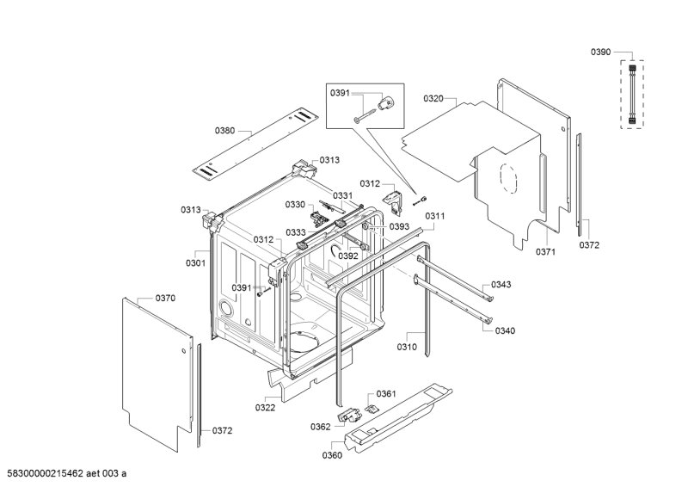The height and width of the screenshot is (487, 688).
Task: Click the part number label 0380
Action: (224, 131)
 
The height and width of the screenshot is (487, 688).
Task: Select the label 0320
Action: (433, 99)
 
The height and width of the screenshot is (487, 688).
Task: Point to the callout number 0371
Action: (546, 251)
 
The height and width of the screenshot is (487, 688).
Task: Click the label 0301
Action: (195, 263)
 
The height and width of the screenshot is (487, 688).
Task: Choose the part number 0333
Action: (296, 232)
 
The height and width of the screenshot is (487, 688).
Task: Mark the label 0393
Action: (399, 226)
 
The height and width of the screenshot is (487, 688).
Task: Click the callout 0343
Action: (501, 285)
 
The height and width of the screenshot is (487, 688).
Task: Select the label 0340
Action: (506, 330)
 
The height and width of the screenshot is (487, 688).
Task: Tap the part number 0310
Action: (407, 347)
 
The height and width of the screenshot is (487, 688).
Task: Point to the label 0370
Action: (165, 298)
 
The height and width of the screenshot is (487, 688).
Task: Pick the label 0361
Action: (386, 394)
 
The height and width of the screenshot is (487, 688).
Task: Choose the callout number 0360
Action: (331, 455)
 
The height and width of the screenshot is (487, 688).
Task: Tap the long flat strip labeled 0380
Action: (257, 140)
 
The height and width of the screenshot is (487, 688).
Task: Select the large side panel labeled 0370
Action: (156, 366)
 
